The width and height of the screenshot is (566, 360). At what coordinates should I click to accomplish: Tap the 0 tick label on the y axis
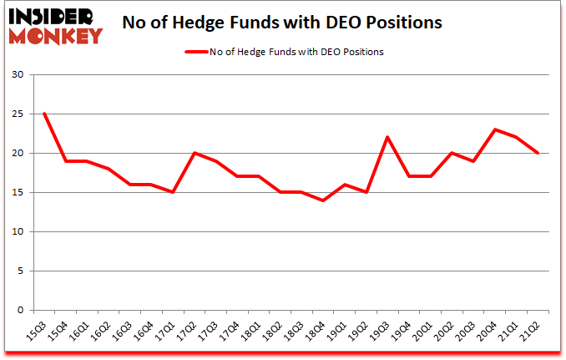[28, 310]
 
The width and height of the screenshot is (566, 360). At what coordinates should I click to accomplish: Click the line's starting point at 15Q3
[44, 114]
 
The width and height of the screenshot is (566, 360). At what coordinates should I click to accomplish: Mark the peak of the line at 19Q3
[387, 137]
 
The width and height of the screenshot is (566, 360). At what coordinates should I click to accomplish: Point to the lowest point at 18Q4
[323, 200]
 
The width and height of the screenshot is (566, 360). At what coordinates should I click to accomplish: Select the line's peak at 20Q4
[495, 129]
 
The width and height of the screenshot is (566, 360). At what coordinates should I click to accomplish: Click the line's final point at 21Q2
[538, 153]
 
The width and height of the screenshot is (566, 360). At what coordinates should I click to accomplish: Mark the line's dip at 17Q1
[173, 192]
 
